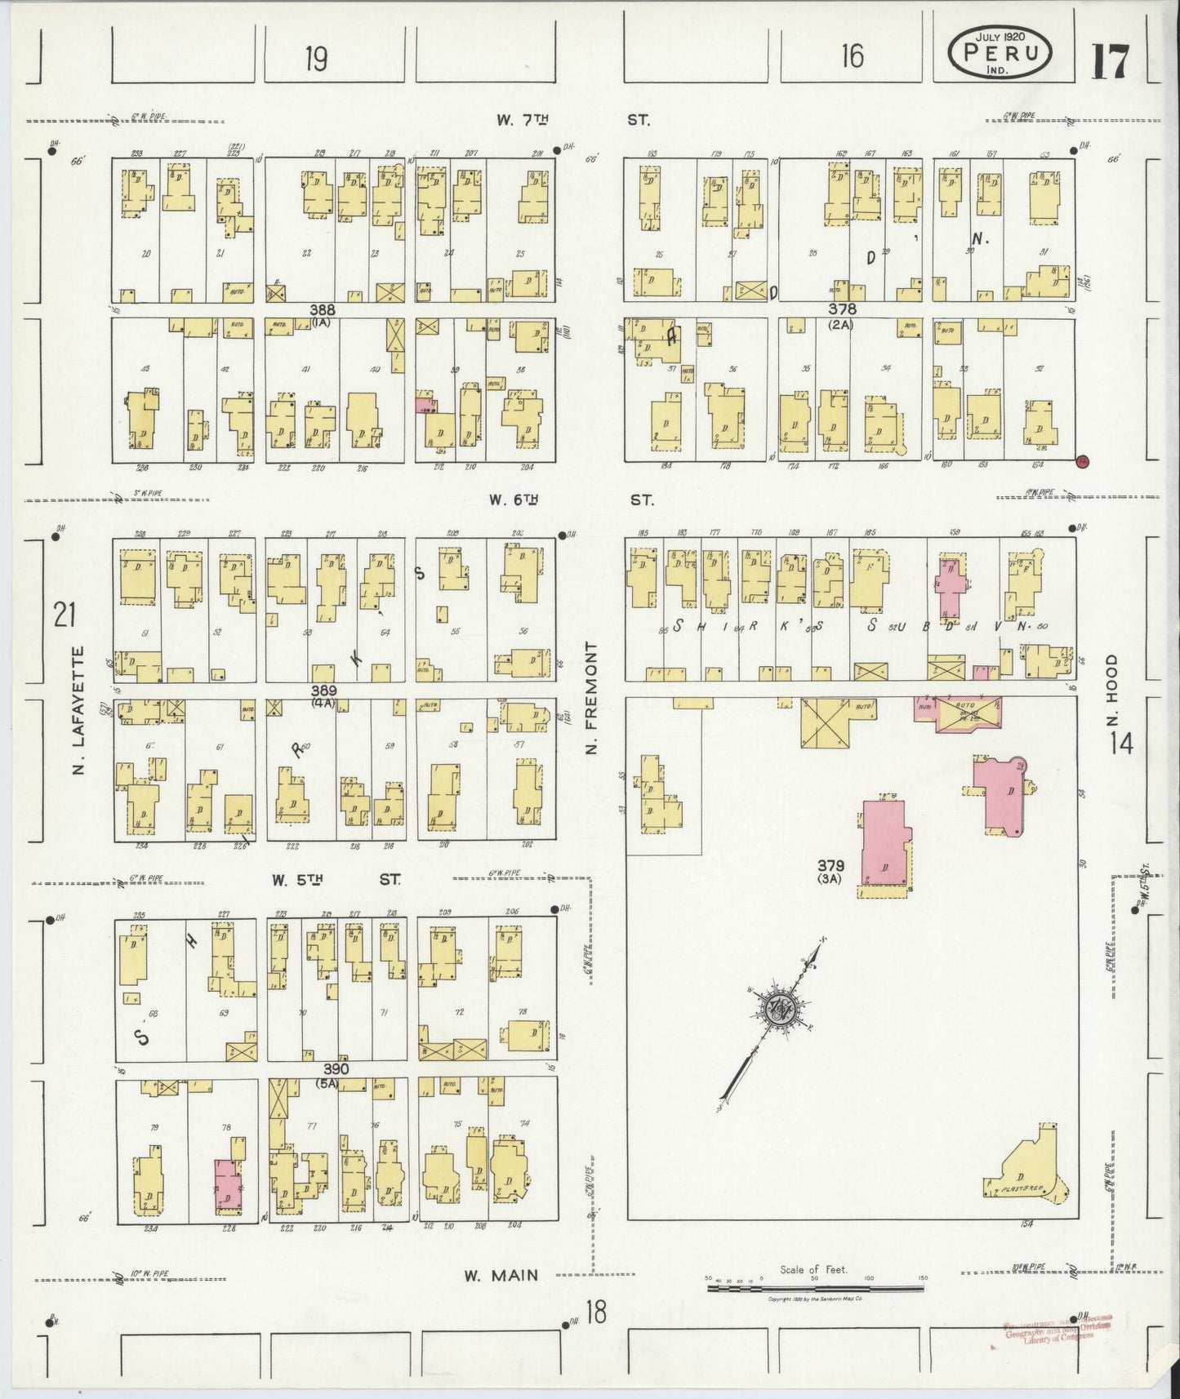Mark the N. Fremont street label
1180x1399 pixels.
(x=592, y=697)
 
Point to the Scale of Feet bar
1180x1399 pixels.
(x=817, y=1288)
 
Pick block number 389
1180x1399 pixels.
(x=324, y=691)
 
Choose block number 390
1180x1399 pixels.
(x=336, y=1068)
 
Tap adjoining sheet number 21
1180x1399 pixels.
(x=64, y=614)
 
